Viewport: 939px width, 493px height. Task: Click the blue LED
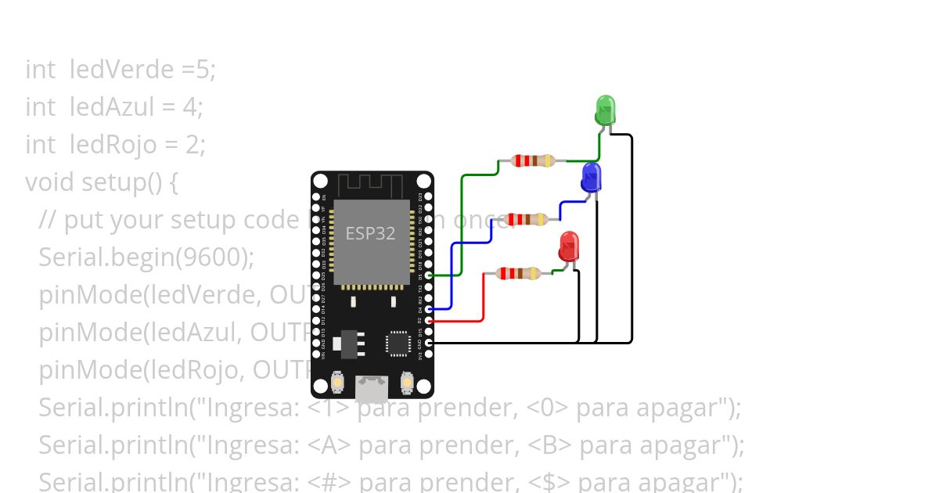pyautogui.click(x=591, y=178)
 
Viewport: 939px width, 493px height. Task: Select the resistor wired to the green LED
pyautogui.click(x=532, y=160)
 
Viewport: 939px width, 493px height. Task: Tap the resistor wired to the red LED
pyautogui.click(x=517, y=273)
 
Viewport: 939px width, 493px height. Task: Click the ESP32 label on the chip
pyautogui.click(x=371, y=233)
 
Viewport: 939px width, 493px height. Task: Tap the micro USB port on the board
pyautogui.click(x=372, y=387)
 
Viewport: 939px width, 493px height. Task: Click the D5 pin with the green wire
pyautogui.click(x=428, y=275)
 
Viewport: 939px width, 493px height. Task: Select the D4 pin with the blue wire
pyautogui.click(x=428, y=309)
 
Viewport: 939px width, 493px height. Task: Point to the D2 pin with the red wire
pyautogui.click(x=428, y=321)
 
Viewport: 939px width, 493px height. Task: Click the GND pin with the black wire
pyautogui.click(x=428, y=343)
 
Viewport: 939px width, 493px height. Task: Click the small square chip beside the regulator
pyautogui.click(x=398, y=344)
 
